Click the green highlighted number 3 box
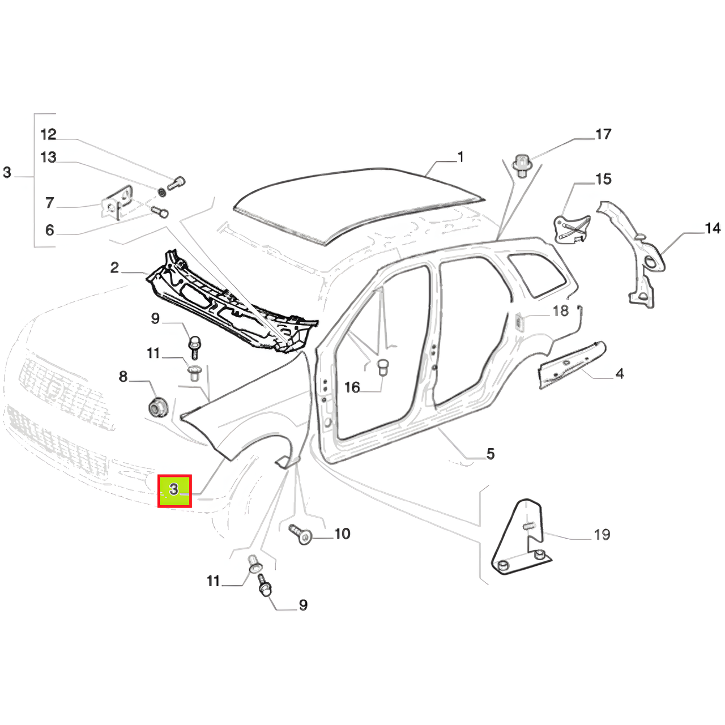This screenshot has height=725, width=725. pos(174,491)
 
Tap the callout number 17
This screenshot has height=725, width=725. pos(603,134)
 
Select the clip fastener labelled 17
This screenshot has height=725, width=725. pos(522,165)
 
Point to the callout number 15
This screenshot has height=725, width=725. pos(603,179)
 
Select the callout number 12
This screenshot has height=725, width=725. pos(49,134)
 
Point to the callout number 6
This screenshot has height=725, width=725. pos(49,230)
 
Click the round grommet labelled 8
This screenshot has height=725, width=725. pos(157,408)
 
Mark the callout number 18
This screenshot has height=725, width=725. pos(561,311)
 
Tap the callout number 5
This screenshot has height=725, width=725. pos(491,454)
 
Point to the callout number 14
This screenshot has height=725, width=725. pos(712,228)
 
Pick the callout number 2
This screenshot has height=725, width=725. pos(114,267)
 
